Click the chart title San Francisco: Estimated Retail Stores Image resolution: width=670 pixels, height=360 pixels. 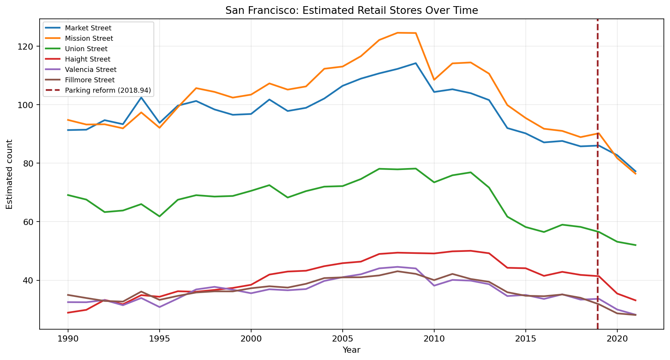pos(351,10)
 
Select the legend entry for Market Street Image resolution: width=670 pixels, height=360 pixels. pos(88,28)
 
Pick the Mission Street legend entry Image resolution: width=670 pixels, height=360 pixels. pos(89,38)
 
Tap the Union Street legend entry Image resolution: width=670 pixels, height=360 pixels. pos(86,49)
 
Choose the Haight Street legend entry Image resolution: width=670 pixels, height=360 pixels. pos(88,59)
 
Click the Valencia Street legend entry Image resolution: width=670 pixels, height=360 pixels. pos(90,70)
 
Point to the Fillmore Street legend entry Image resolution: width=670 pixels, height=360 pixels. pos(90,80)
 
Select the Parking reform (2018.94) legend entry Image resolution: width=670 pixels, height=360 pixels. pos(108,90)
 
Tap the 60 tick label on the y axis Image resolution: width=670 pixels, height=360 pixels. pos(31,222)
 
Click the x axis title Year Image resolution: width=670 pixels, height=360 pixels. pos(351,350)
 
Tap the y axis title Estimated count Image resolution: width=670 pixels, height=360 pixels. pos(10,174)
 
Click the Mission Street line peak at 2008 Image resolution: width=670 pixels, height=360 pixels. pos(397,33)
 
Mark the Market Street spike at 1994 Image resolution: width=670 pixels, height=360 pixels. pos(141,97)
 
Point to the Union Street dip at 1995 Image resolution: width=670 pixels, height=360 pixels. pos(159,217)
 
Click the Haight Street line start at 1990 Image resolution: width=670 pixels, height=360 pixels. pos(68,313)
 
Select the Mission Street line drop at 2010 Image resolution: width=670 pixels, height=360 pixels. pos(434,80)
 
